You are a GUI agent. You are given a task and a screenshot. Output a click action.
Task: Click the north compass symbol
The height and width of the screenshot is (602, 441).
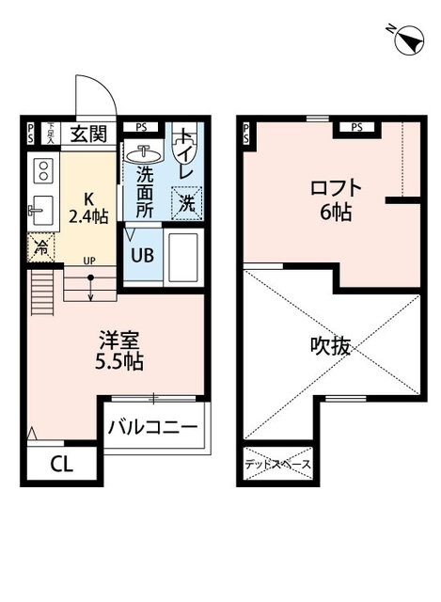407,39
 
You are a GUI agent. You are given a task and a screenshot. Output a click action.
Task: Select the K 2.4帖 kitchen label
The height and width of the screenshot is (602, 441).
89,207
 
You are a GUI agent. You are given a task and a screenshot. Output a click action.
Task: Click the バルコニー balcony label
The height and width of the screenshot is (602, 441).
152,428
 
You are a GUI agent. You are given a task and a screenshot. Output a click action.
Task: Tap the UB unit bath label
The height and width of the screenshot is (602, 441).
142,254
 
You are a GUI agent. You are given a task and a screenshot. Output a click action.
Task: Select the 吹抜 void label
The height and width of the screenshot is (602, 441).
330,345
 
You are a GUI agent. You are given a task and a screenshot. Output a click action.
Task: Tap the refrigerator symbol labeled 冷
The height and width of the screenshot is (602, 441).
41,248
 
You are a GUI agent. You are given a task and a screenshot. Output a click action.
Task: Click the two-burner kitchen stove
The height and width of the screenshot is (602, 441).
42,170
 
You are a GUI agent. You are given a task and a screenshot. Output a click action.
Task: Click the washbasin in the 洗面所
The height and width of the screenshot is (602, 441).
146,152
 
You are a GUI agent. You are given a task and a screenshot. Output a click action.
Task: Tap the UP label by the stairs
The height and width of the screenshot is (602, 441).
88,260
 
